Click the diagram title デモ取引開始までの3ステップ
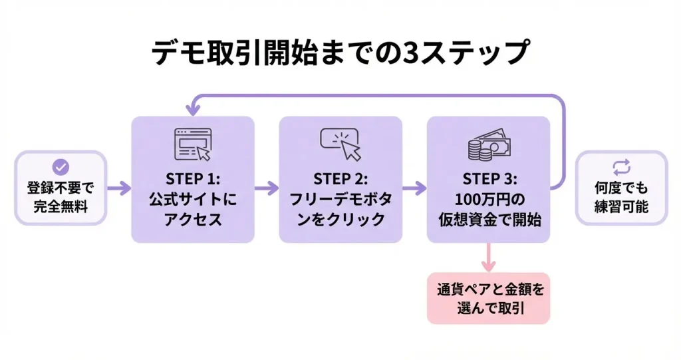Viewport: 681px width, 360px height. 340,53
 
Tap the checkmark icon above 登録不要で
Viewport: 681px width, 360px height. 61,168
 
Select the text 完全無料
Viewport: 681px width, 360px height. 61,206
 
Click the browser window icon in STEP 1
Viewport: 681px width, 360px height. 192,144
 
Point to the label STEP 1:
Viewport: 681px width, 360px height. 193,179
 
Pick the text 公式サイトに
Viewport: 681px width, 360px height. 193,200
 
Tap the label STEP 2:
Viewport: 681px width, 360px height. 340,179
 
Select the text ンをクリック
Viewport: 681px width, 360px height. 340,220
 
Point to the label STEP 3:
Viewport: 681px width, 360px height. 488,179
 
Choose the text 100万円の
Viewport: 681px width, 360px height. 488,200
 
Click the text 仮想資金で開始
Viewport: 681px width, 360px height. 488,220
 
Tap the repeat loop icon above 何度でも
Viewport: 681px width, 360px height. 621,168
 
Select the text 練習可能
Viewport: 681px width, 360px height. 621,206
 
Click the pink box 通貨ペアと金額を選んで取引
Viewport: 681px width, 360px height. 488,298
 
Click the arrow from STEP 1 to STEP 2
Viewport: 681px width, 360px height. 267,188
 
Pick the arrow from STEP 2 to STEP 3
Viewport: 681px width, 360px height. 414,188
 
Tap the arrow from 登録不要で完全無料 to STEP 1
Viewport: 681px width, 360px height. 118,188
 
